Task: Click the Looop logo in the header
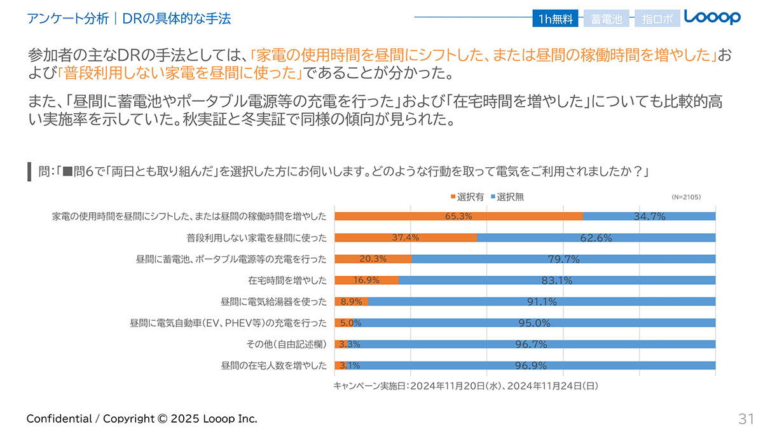pos(713,18)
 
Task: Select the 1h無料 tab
pos(556,19)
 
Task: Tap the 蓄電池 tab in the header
pos(606,19)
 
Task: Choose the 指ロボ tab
pos(657,19)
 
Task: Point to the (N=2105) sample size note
pos(686,197)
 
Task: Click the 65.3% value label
pos(458,216)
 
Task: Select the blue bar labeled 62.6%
pos(596,238)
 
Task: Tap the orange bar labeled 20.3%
pos(373,259)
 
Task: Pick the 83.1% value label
pos(557,280)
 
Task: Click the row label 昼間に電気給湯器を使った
pos(273,301)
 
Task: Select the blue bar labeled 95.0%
pos(534,323)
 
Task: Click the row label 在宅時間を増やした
pos(287,280)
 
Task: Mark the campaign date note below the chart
pos(466,385)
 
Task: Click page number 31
pos(746,418)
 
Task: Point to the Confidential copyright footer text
pos(142,418)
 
